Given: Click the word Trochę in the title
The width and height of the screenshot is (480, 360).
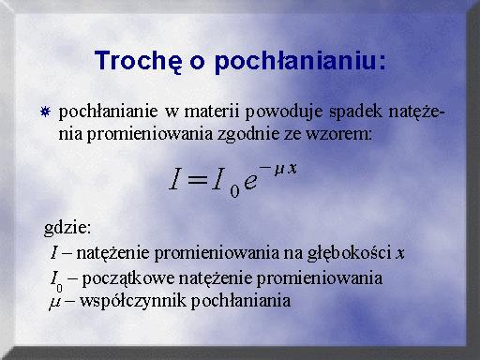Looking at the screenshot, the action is click(138, 61).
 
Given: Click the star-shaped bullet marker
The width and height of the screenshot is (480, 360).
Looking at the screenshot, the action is click(45, 112).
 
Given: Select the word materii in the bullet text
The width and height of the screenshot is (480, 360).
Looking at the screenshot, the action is click(212, 112).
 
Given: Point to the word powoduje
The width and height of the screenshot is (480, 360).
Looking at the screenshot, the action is click(284, 112).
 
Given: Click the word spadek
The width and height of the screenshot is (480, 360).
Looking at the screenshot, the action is click(355, 112).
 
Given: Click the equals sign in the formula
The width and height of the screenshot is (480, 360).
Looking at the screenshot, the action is click(196, 180).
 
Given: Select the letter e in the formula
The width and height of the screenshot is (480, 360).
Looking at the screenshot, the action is click(250, 181).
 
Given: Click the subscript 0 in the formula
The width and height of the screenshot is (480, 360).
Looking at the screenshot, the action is click(234, 191).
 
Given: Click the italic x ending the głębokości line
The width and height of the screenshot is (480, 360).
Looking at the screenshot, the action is click(400, 254).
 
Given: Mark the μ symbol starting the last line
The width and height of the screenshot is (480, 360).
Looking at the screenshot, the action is click(54, 302).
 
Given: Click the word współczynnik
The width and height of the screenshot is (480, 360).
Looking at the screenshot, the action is click(133, 301).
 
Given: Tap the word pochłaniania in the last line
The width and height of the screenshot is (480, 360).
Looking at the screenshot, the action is click(241, 301).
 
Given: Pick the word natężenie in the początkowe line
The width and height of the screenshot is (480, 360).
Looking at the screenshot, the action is click(215, 278).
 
